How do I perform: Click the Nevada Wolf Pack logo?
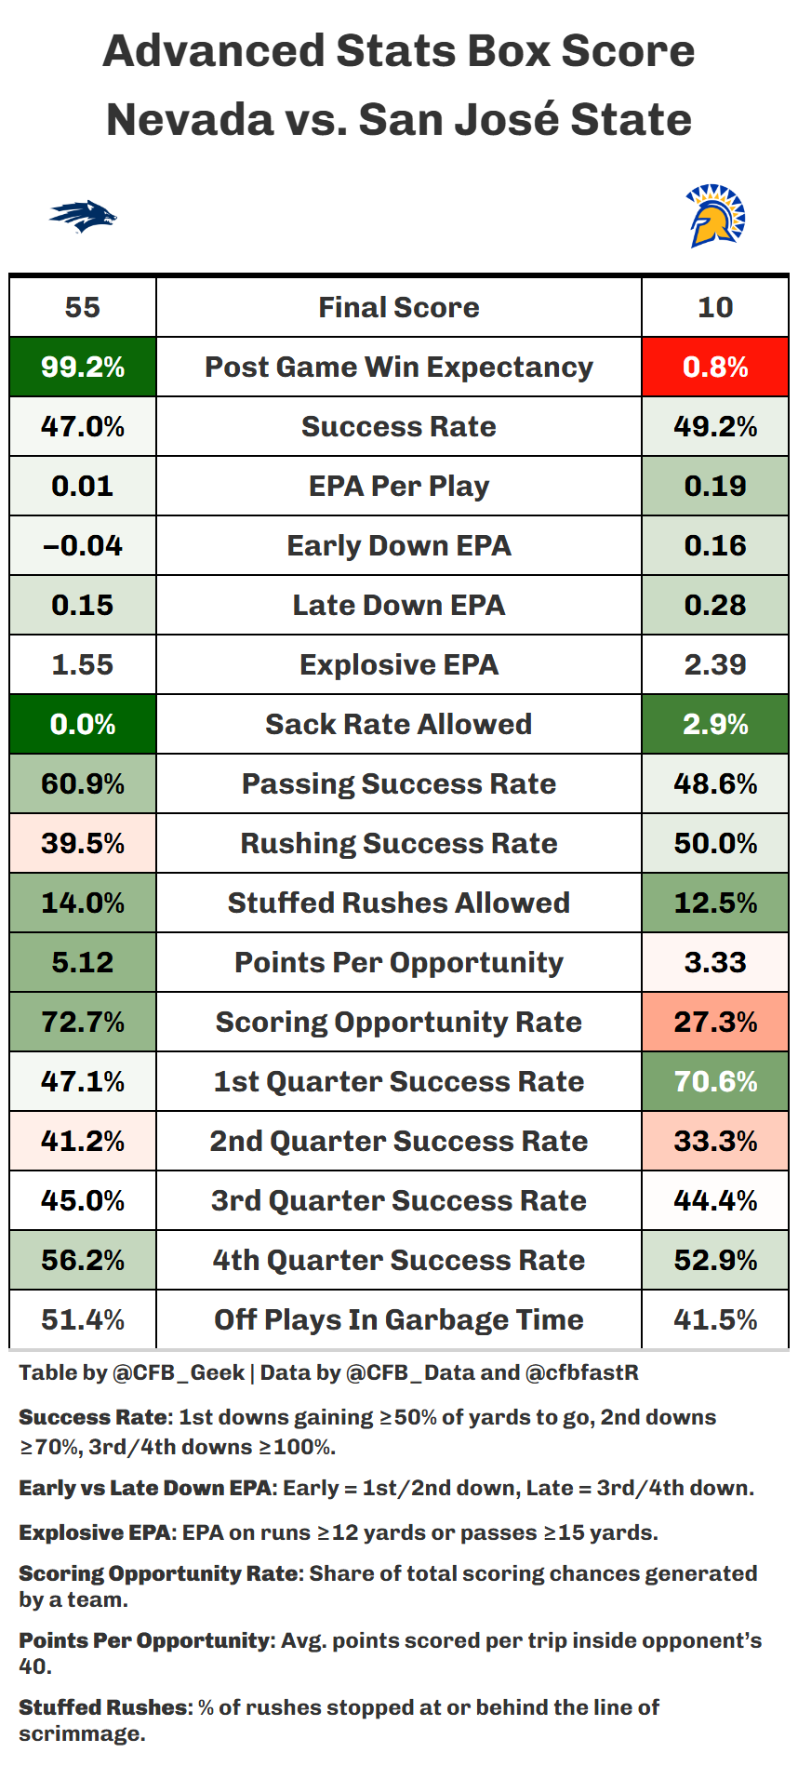83,217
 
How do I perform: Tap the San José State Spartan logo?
714,216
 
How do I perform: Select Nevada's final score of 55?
83,307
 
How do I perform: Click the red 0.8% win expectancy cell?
715,367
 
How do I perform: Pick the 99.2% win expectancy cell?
83,367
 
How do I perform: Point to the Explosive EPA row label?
398,664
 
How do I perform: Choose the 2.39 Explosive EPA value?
715,664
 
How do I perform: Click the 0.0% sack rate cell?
83,724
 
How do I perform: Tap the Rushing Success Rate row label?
398,843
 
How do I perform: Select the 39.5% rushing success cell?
83,843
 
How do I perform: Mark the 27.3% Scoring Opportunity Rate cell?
715,1022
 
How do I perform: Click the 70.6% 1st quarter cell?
715,1081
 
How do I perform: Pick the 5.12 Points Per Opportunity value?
83,962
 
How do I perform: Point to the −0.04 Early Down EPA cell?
83,545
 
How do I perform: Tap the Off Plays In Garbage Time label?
398,1319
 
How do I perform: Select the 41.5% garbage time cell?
715,1319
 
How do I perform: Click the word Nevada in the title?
191,120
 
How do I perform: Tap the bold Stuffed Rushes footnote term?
103,1707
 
